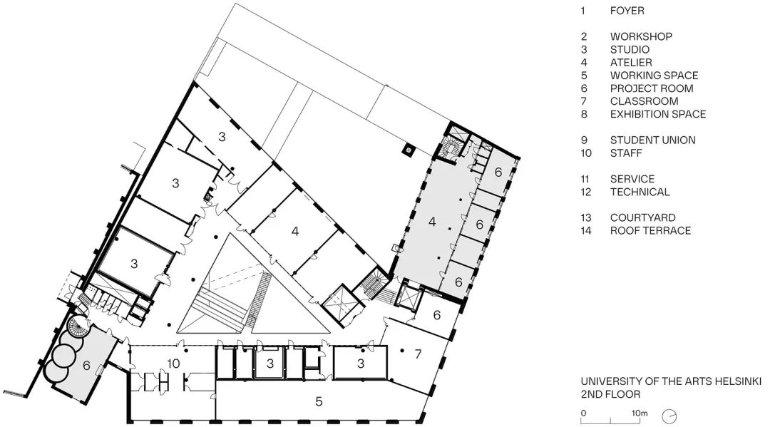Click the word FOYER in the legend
627,11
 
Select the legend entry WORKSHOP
640,36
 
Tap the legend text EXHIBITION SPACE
657,114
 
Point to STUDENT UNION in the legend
652,140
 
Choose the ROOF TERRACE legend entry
650,230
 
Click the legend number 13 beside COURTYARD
587,217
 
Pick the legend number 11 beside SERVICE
587,179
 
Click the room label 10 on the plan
173,364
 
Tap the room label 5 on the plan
319,401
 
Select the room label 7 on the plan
419,354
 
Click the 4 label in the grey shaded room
431,222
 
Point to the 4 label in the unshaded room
294,231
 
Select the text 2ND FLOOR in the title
610,393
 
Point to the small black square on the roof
408,150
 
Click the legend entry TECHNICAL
640,192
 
